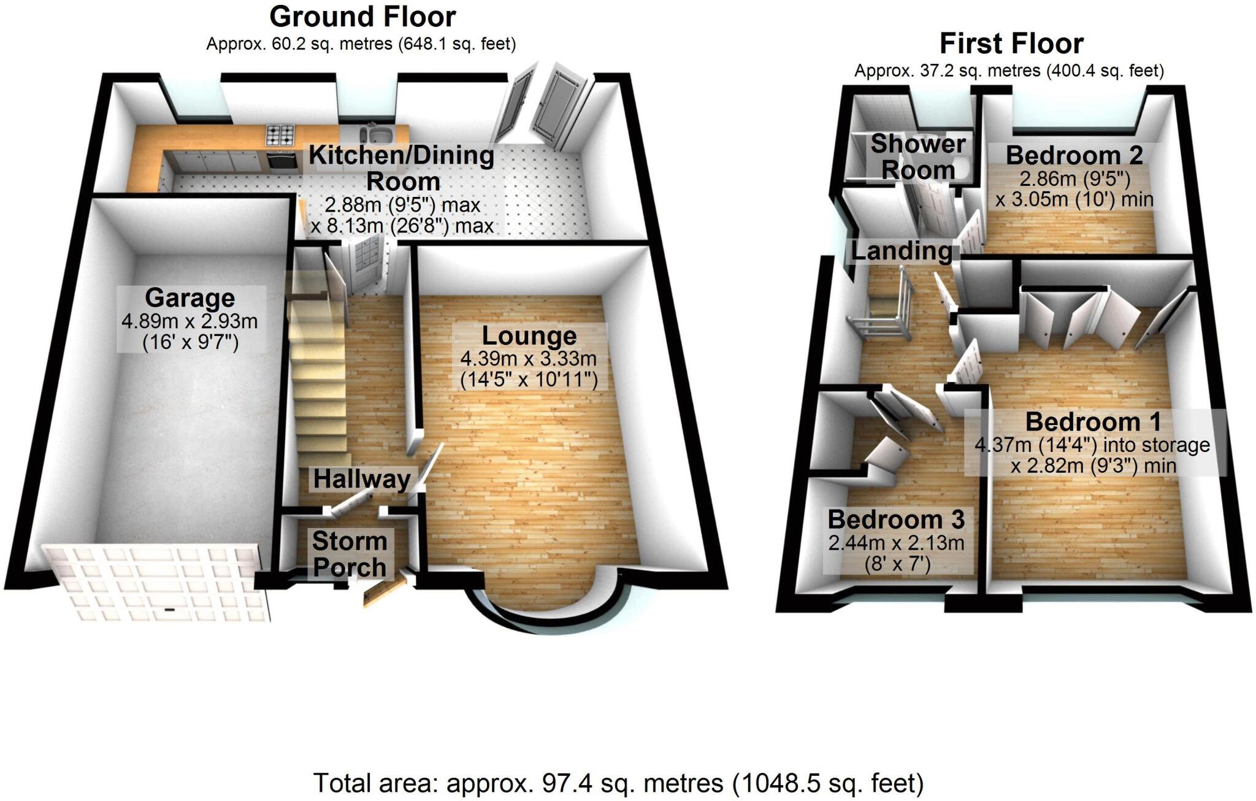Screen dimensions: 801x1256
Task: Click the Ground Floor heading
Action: (x=362, y=17)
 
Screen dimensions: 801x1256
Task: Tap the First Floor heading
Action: (x=1011, y=44)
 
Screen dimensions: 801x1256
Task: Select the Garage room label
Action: (x=190, y=298)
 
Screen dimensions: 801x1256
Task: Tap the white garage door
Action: (x=156, y=581)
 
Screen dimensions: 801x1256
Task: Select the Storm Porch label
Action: (x=350, y=554)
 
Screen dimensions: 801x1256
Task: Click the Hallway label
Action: (x=362, y=479)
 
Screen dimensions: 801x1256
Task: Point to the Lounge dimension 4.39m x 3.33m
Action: (x=529, y=359)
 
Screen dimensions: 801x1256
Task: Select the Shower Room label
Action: (x=918, y=157)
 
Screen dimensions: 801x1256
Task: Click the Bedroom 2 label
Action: (x=1074, y=155)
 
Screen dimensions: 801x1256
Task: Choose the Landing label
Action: (x=901, y=251)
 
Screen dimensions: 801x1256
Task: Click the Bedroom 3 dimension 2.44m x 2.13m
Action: (x=896, y=543)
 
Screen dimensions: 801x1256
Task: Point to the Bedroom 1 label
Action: (x=1093, y=422)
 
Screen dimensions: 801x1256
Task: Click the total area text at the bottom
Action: (x=618, y=783)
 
